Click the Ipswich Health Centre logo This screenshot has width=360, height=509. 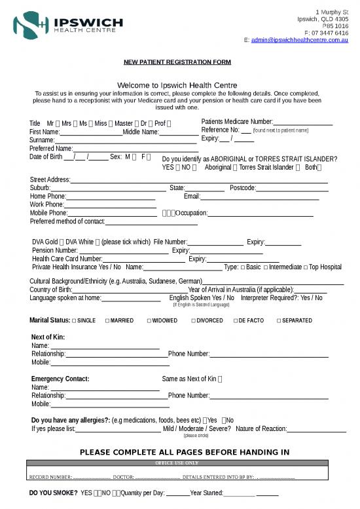point(68,26)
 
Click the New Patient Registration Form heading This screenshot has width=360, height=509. point(177,62)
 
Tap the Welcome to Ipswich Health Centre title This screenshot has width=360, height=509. point(177,85)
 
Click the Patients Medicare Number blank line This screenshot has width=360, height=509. point(303,123)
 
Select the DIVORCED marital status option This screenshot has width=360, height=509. point(194,321)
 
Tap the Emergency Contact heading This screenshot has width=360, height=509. point(60,379)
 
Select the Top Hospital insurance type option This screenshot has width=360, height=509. point(325,267)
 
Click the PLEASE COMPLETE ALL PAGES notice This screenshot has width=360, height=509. point(184,452)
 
